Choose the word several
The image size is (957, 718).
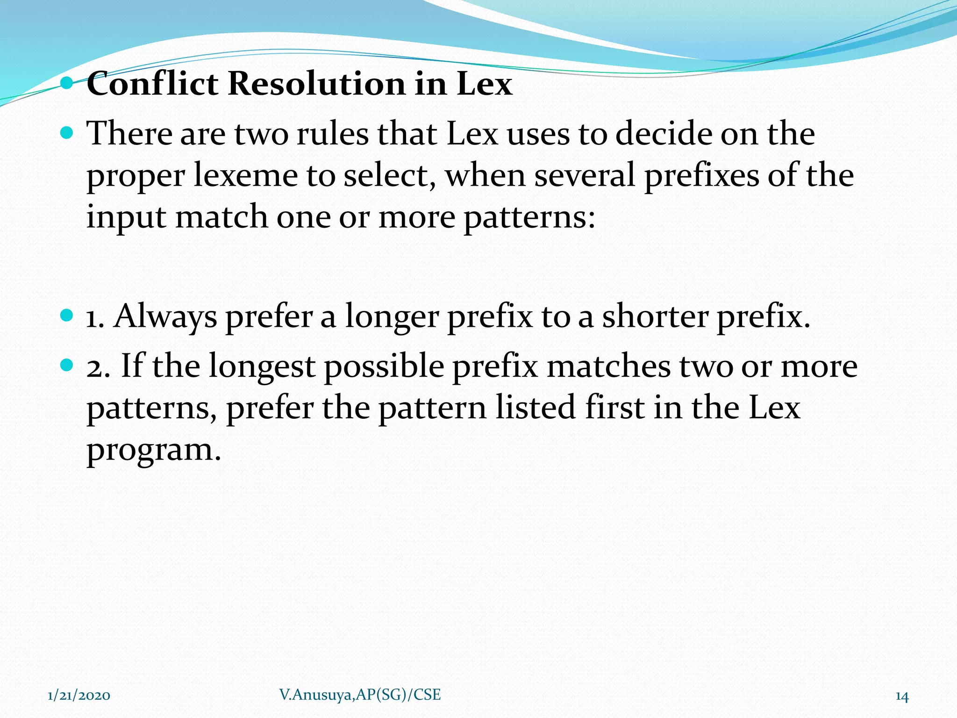(x=585, y=176)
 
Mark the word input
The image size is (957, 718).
(x=126, y=218)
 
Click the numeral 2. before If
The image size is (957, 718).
(x=98, y=366)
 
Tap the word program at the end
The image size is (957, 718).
(x=153, y=451)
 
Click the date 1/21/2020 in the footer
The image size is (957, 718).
(x=79, y=696)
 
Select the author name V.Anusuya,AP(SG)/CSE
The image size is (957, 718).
(x=360, y=695)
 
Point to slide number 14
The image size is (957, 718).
(x=902, y=696)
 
